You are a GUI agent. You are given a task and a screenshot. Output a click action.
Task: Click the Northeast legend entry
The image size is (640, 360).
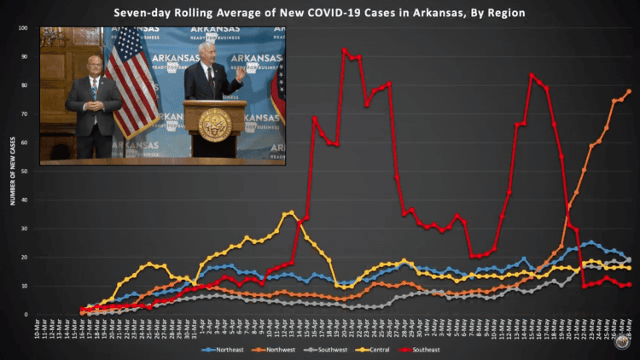(224, 351)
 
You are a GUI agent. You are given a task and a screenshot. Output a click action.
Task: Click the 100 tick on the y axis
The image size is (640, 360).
(23, 28)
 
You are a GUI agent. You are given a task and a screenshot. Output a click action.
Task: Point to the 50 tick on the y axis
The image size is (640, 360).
(25, 171)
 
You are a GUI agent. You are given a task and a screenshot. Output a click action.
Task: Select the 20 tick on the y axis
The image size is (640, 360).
(25, 258)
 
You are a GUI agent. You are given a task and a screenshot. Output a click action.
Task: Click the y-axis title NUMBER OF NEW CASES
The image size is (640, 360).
(13, 171)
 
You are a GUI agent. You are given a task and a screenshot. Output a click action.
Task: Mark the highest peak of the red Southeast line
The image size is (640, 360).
(344, 50)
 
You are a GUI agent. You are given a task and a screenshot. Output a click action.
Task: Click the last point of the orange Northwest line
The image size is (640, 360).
(630, 91)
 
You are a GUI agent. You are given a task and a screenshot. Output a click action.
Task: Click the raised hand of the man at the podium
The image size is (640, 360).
(241, 74)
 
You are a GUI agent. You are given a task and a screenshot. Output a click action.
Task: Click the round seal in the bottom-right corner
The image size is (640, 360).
(622, 341)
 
